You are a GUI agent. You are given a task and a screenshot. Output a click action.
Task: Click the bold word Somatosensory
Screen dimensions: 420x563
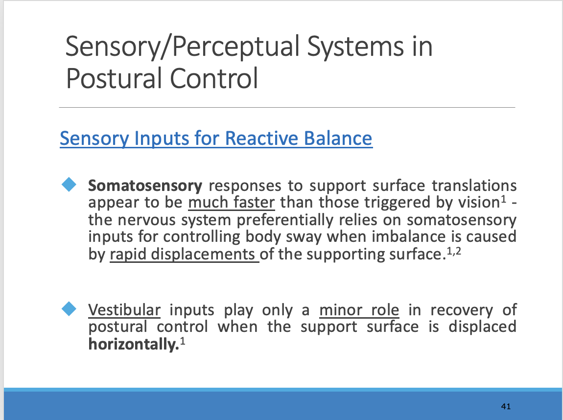(145, 186)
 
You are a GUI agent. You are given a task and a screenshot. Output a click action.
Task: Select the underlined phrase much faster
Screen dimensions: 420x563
(231, 203)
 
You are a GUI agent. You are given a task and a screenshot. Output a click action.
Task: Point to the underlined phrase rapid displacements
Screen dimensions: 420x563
(184, 255)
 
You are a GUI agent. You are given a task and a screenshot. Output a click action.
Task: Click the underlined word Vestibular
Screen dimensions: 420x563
(124, 310)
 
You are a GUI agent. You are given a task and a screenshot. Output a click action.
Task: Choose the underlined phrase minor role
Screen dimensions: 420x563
(359, 310)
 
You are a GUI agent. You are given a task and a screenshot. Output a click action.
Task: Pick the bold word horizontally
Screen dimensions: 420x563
(132, 345)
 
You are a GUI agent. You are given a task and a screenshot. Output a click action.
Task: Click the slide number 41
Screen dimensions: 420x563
(506, 406)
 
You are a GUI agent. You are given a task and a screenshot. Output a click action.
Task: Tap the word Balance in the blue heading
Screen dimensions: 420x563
(338, 139)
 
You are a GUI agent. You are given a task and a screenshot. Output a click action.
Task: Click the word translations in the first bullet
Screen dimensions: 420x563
(474, 186)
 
